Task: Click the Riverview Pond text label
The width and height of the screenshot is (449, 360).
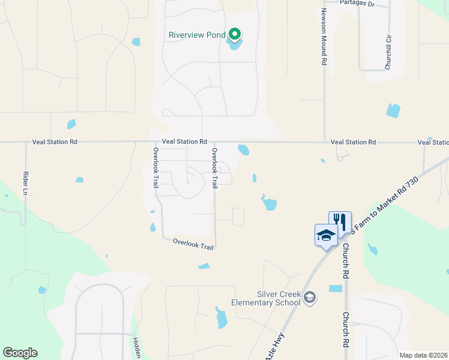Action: pos(197,34)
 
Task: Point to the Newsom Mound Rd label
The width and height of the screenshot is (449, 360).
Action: pos(324,37)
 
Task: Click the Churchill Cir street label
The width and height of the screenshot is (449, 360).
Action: pos(388,52)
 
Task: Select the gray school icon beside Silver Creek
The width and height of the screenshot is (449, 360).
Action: pos(310,297)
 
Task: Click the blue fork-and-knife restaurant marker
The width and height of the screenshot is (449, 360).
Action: pos(340,221)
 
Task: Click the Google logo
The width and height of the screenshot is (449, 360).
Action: pos(20,353)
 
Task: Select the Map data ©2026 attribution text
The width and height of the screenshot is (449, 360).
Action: pos(423,355)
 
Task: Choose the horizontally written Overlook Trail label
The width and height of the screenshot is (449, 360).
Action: pos(193,243)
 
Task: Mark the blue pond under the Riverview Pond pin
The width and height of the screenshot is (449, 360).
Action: pos(234,44)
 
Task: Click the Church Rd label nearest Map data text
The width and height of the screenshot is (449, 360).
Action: pos(346,330)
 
